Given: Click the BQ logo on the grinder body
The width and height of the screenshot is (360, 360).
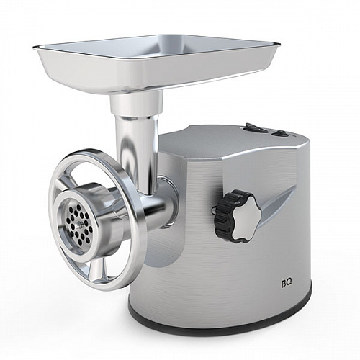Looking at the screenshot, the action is [x=287, y=284].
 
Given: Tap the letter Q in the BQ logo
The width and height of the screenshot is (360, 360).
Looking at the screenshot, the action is [x=289, y=284].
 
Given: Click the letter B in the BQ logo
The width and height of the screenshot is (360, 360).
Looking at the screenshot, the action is [x=284, y=284].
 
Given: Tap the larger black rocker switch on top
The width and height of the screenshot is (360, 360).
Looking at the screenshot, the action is [x=254, y=128].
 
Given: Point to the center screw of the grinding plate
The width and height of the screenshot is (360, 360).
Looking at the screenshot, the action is [x=77, y=224].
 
